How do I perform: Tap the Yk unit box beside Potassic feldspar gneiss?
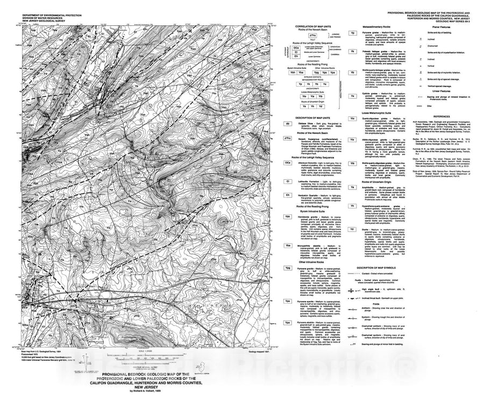352,51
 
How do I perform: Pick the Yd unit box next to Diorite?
352,228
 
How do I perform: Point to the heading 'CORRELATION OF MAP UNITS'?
310,26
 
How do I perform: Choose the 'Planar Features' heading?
431,26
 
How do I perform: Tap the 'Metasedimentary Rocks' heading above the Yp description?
379,26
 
